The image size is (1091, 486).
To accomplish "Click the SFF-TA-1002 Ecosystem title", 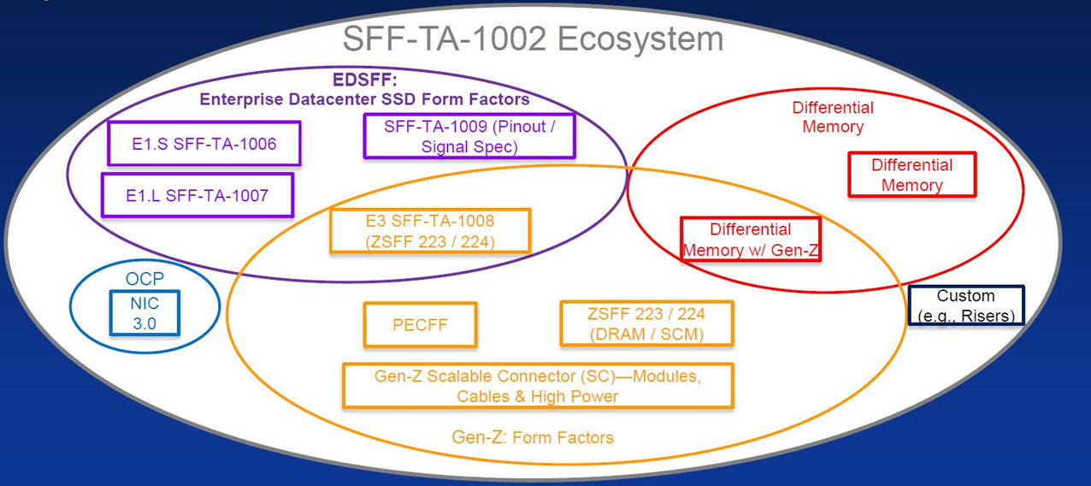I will click(533, 39).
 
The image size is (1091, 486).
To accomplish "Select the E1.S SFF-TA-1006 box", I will click(204, 144).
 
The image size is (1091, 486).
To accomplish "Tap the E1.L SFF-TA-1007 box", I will click(198, 195).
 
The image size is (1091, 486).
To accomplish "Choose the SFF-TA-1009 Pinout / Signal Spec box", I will click(469, 136).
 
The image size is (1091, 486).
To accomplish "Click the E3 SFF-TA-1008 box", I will click(430, 231).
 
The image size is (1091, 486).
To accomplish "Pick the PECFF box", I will click(420, 325).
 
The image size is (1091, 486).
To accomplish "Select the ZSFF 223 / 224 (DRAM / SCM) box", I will click(646, 324).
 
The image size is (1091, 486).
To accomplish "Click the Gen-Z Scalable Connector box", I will click(538, 386).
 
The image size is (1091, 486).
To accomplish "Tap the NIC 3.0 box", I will click(144, 313).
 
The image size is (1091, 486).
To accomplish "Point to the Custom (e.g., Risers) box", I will click(966, 305).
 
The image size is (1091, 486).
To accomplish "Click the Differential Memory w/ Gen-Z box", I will click(750, 240).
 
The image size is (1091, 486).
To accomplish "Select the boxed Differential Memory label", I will click(911, 175).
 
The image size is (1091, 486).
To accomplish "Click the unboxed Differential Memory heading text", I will click(832, 117).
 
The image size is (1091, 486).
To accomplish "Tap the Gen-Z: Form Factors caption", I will click(533, 437).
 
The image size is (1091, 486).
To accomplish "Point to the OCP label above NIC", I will click(144, 280).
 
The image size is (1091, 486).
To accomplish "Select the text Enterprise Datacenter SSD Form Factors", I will click(364, 100).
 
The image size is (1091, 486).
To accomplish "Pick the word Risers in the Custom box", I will click(986, 315).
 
